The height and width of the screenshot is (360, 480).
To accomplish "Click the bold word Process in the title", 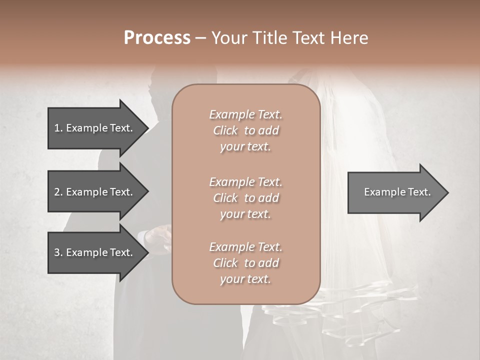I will (x=157, y=38).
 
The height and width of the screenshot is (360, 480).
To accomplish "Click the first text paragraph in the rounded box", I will (x=245, y=130).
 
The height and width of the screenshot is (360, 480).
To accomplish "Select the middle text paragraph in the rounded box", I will (x=245, y=198).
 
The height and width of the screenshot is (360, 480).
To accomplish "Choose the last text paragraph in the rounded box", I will (x=245, y=263).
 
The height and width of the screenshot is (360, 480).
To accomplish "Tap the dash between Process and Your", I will (x=200, y=38).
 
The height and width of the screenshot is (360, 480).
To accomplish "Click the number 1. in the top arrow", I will (x=58, y=128).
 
